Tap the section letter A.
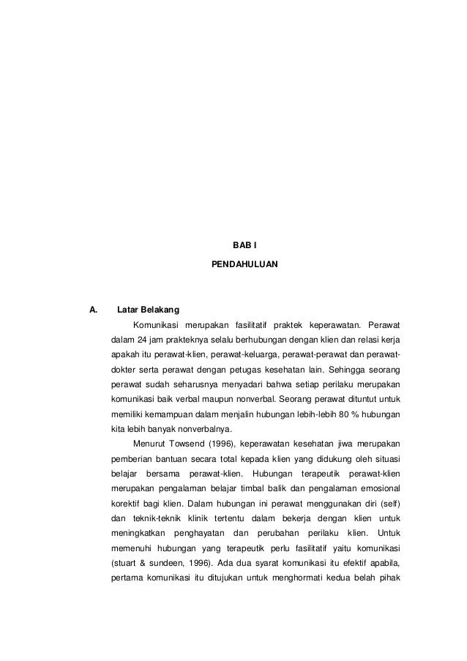pyautogui.click(x=92, y=310)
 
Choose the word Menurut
pyautogui.click(x=149, y=444)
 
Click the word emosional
pyautogui.click(x=378, y=489)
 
